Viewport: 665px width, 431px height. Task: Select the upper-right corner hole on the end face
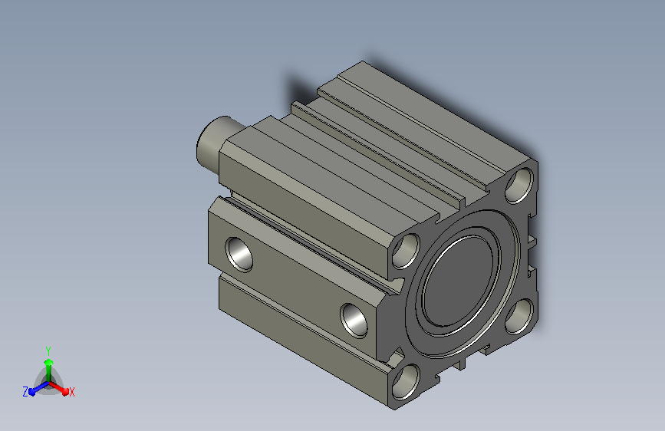tap(519, 185)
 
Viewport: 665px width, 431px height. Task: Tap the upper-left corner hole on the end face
tap(406, 251)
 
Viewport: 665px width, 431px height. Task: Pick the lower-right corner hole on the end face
tap(519, 316)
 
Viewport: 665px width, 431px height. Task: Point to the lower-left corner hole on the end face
tap(406, 381)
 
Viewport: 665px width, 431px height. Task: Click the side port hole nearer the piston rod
tap(239, 255)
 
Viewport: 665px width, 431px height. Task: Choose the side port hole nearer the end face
tap(354, 321)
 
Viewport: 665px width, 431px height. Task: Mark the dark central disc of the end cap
tap(459, 281)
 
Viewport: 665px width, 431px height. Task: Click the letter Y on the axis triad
tap(48, 350)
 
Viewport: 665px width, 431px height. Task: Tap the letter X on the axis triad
tap(71, 393)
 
